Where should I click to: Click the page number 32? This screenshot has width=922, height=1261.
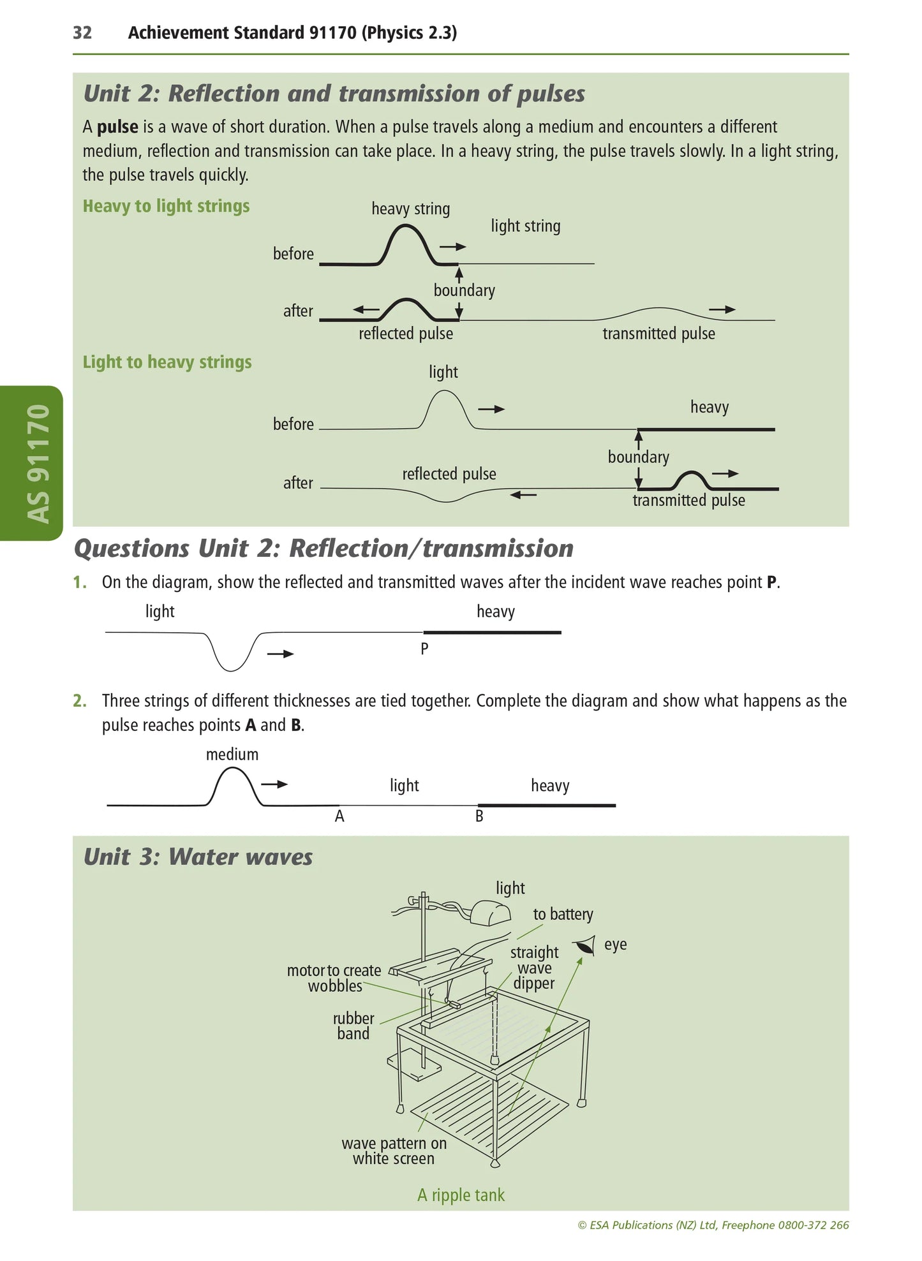tap(82, 33)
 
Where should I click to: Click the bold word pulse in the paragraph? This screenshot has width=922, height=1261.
tap(117, 127)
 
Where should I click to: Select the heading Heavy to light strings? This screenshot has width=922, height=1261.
tap(166, 206)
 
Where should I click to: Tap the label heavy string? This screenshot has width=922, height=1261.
tap(410, 209)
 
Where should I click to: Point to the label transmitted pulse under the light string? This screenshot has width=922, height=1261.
tap(658, 334)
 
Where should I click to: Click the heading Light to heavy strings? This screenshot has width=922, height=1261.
tap(167, 362)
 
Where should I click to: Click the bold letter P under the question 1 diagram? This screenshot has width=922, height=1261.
tap(424, 649)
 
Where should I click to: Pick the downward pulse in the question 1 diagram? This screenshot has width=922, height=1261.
tap(232, 654)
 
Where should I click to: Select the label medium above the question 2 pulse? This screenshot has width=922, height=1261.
tap(232, 755)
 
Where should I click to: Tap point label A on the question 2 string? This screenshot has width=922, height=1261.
tap(339, 816)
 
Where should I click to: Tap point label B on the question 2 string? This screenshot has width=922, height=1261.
tap(479, 816)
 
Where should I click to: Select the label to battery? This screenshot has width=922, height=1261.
tap(563, 915)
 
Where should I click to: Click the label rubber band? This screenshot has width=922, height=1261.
tap(353, 1026)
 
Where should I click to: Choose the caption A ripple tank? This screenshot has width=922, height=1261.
tap(461, 1195)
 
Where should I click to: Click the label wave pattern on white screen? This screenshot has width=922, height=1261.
tap(394, 1151)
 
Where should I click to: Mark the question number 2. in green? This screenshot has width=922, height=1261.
tap(80, 701)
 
